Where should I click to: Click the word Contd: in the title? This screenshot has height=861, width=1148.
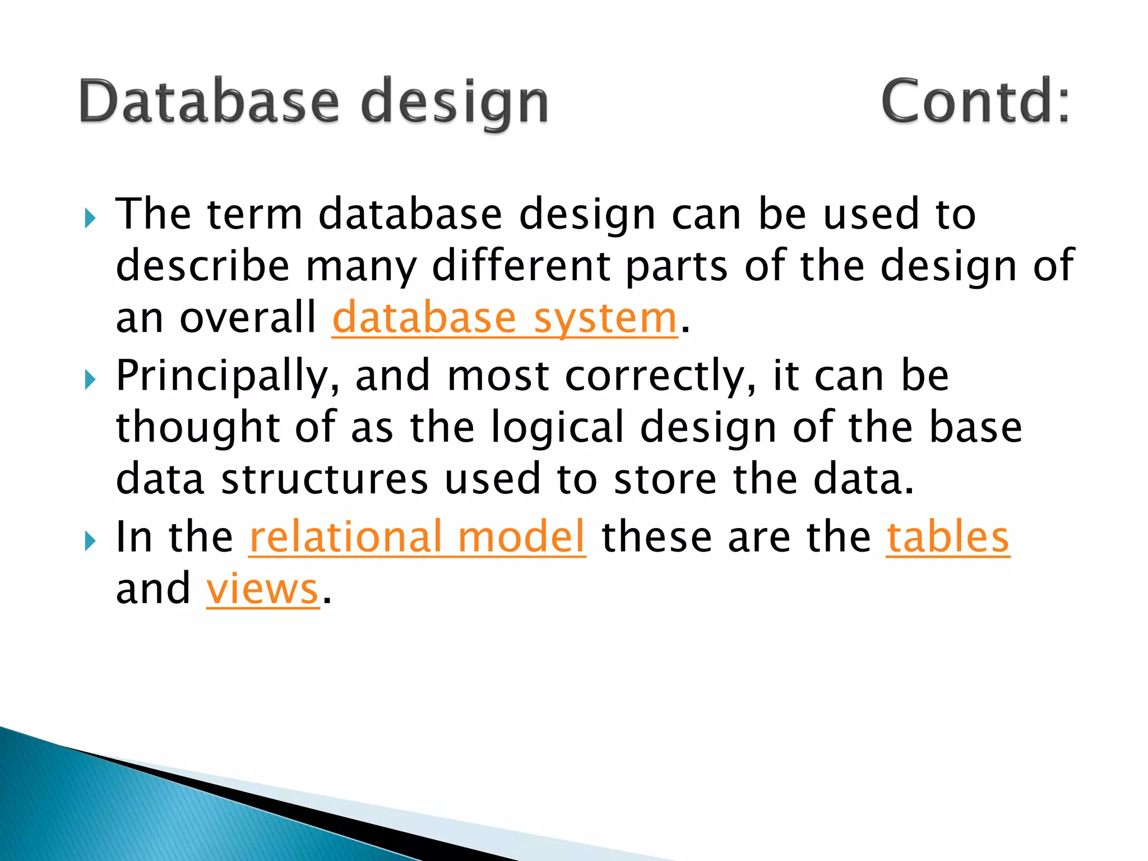tap(975, 101)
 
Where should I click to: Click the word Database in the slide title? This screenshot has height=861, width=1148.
tap(209, 101)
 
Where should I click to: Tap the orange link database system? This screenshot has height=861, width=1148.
tap(504, 318)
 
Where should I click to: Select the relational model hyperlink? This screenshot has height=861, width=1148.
tap(417, 537)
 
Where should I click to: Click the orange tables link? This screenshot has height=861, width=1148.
tap(947, 537)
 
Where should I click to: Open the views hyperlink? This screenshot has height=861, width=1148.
tap(262, 589)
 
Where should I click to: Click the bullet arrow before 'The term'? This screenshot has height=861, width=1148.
tap(90, 217)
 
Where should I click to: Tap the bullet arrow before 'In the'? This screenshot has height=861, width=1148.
tap(90, 541)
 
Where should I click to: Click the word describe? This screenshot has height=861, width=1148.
tap(202, 266)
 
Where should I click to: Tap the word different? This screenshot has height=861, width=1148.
tap(521, 266)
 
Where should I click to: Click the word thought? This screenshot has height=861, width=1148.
tap(197, 428)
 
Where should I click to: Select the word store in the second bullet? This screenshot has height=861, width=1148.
tap(665, 479)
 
